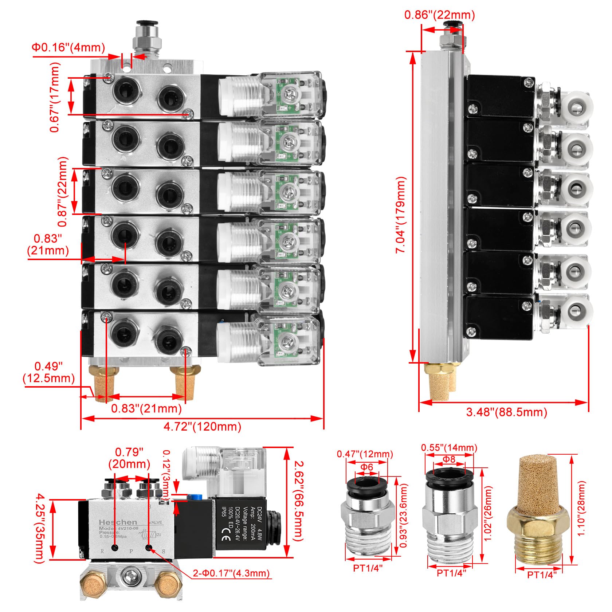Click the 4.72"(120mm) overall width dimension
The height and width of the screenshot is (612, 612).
(x=202, y=427)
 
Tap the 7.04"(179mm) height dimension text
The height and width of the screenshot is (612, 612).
(x=401, y=215)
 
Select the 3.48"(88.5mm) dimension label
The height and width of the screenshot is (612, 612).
(x=507, y=412)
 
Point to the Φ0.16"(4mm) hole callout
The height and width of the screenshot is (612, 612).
(x=68, y=47)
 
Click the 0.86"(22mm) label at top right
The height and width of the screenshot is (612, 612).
(x=440, y=15)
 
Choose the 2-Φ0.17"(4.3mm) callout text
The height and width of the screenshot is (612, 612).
(x=231, y=573)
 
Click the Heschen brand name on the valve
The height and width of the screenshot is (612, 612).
(x=118, y=522)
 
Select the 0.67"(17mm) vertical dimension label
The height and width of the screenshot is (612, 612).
(x=55, y=97)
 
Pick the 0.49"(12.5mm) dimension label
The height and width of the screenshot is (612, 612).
(x=48, y=372)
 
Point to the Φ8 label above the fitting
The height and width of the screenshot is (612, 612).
(x=449, y=459)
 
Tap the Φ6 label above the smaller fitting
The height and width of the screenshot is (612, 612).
(x=367, y=467)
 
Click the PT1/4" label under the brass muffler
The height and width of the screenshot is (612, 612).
(x=542, y=585)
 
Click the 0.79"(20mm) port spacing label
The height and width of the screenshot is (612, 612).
(x=129, y=458)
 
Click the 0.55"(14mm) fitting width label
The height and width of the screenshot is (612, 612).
(x=449, y=447)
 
